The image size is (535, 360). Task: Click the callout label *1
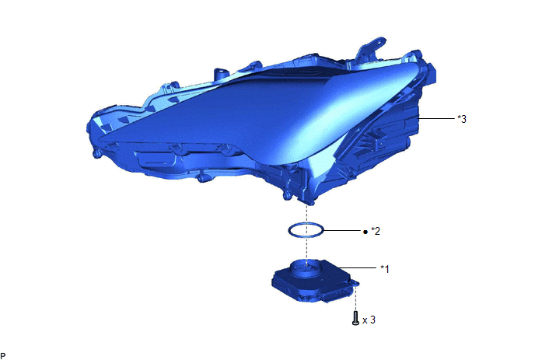[384, 269]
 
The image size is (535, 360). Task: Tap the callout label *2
[376, 231]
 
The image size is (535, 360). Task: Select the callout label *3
[462, 119]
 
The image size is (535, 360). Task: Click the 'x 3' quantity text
[369, 320]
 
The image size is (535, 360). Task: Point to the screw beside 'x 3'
[355, 318]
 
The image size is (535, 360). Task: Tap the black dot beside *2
[365, 232]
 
